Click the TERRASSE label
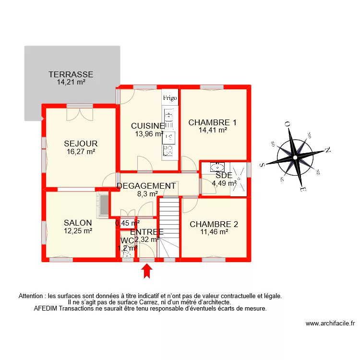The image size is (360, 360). tap(71, 74)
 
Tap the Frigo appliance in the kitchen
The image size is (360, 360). tap(170, 97)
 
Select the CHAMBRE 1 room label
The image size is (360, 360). tap(213, 122)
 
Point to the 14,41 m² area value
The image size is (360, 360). tap(213, 130)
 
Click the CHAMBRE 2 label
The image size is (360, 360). tap(214, 224)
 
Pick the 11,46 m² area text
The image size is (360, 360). tap(214, 232)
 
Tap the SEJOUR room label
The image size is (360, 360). tap(81, 144)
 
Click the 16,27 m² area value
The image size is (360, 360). tap(81, 151)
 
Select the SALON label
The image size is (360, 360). tap(78, 223)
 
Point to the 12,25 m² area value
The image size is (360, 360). tap(78, 230)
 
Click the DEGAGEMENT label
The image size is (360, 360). tap(146, 186)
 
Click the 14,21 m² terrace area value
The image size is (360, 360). tap(71, 82)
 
